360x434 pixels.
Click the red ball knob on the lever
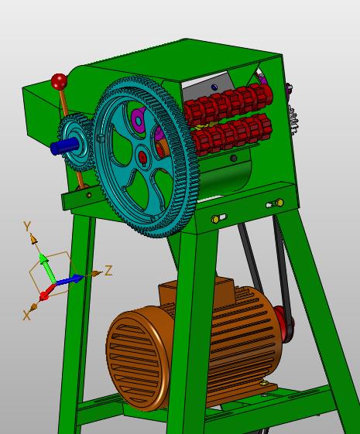coord(59,81)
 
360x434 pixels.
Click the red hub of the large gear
coord(143,158)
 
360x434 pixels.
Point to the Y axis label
coord(27,227)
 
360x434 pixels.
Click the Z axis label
coord(108,271)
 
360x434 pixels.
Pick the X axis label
coord(26,316)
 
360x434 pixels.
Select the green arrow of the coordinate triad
coord(46,267)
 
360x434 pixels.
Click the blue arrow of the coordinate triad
coord(70,279)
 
